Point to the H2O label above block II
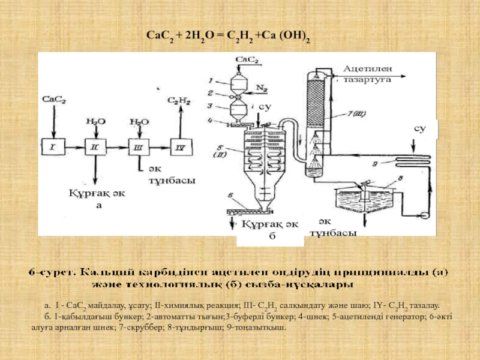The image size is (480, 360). click(93, 121)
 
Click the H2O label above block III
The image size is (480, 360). click(138, 121)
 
